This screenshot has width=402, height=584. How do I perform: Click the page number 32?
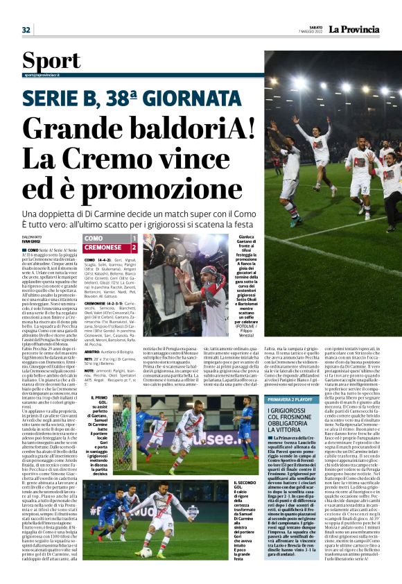pos(26,30)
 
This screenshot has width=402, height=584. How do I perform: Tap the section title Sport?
pos(51,59)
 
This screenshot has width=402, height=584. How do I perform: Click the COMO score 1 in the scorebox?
pos(134,238)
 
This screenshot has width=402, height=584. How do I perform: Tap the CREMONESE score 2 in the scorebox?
pos(134,247)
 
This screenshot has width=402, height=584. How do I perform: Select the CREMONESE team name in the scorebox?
pos(103,247)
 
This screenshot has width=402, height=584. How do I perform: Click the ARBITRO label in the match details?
pos(94,352)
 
